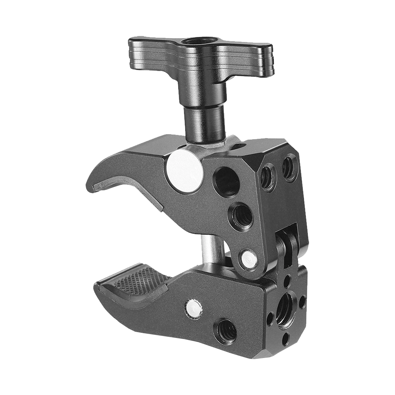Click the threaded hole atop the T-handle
[x=201, y=42]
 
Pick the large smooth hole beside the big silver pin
[x=227, y=182]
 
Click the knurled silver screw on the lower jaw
[x=192, y=308]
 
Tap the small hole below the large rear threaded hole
[x=285, y=339]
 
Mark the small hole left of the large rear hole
[x=270, y=319]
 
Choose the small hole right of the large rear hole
[x=302, y=301]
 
